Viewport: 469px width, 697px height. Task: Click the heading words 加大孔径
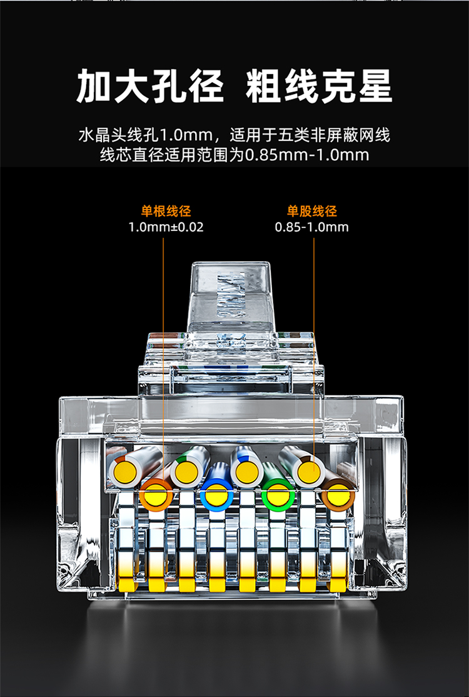(x=149, y=86)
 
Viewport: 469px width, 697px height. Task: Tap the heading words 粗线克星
(x=319, y=86)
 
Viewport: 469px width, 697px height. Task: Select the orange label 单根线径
(x=166, y=210)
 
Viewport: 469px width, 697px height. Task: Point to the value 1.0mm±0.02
(x=166, y=227)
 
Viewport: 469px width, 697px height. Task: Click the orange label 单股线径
(x=312, y=210)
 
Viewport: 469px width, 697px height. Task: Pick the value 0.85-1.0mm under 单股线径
(x=312, y=227)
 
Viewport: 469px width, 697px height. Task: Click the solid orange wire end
(x=156, y=495)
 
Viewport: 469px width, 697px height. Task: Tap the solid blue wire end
(x=216, y=495)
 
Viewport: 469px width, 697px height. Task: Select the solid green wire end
(x=278, y=495)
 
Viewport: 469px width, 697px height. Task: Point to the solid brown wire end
(x=338, y=495)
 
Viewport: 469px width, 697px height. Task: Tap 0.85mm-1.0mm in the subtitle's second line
(x=307, y=155)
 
